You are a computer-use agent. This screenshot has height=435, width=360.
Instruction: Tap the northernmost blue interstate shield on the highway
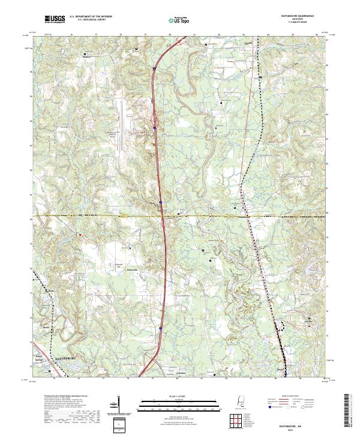click(x=154, y=69)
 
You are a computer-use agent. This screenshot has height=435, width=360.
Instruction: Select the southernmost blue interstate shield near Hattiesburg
click(x=161, y=328)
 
